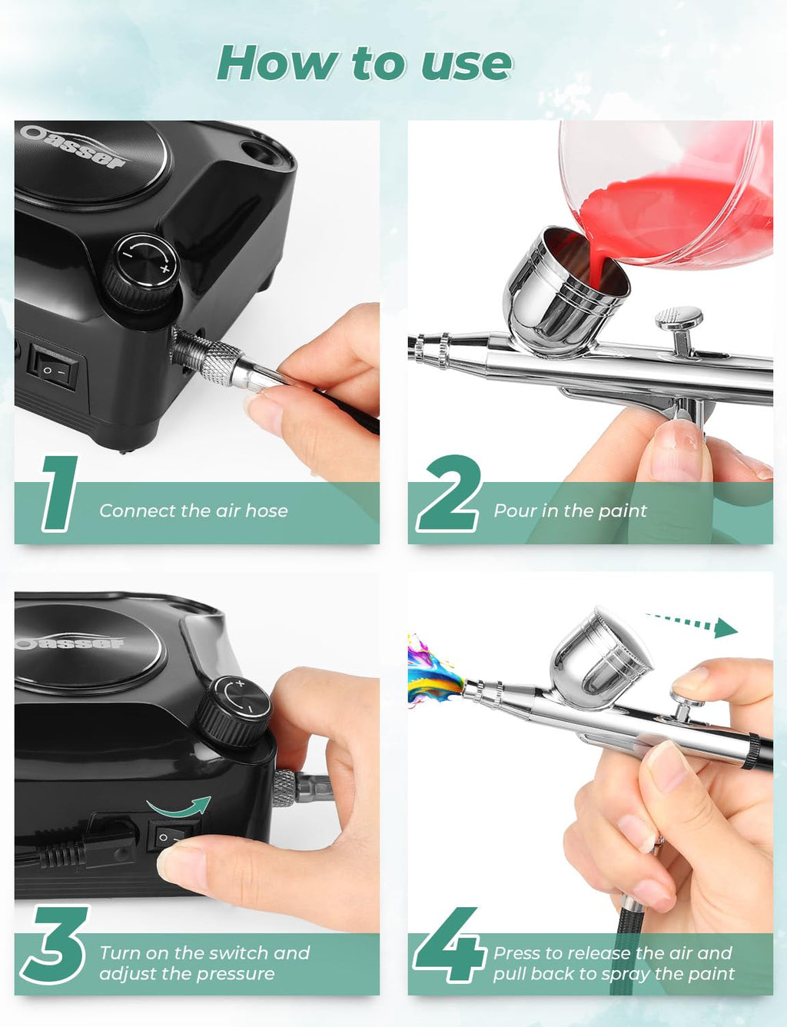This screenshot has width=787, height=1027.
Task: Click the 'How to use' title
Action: point(364,63)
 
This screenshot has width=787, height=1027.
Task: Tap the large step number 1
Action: point(60,493)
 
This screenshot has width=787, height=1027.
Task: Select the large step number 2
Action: point(449,493)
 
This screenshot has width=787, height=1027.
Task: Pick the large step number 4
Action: point(450,946)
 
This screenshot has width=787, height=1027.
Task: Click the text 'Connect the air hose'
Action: point(194,510)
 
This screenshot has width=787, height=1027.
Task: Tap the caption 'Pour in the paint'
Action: point(570,510)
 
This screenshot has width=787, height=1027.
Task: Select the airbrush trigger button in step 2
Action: point(679,321)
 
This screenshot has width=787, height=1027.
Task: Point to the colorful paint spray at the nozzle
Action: point(432,669)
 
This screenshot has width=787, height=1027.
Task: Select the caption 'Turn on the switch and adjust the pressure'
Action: point(204,963)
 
